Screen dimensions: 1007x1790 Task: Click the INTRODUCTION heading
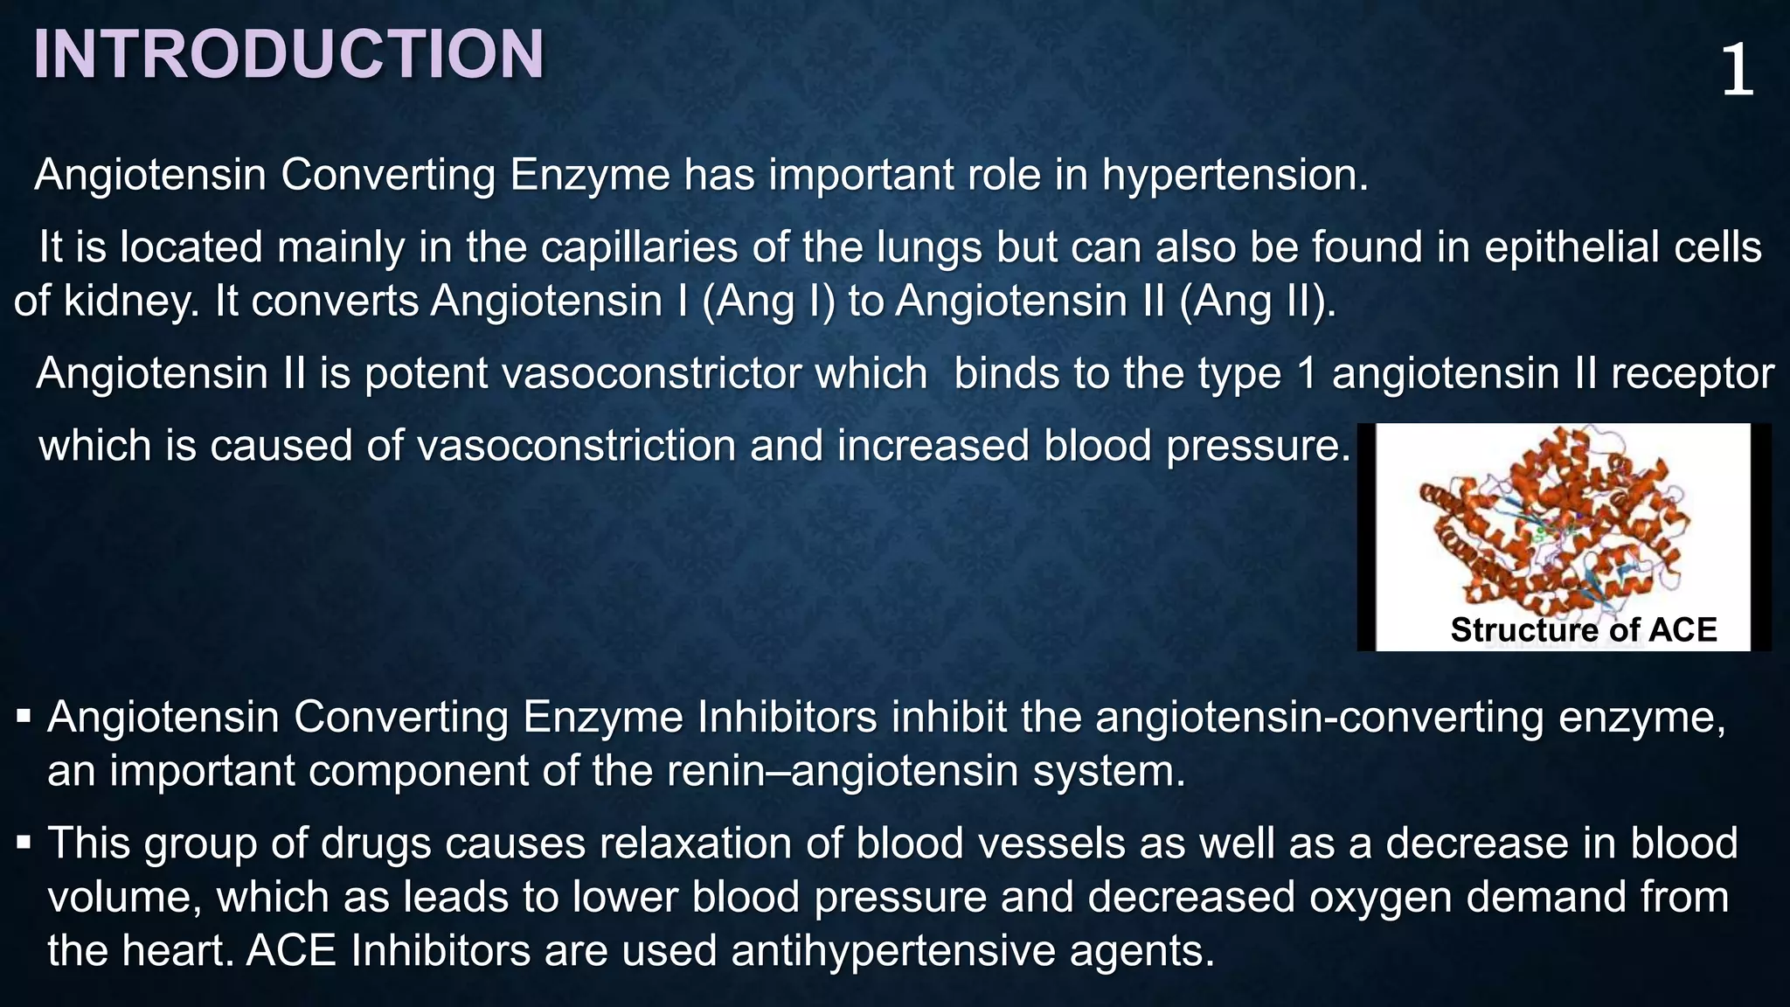[288, 55]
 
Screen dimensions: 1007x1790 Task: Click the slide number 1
[1737, 72]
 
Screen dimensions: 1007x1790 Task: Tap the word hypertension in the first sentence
[1234, 175]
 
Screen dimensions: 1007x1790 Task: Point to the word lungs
[928, 247]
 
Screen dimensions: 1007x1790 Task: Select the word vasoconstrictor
[646, 374]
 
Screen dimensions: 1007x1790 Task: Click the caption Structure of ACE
[1583, 630]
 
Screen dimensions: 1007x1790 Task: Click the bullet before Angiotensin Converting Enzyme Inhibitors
[24, 719]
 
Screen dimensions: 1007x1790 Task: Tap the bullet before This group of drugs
[24, 844]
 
